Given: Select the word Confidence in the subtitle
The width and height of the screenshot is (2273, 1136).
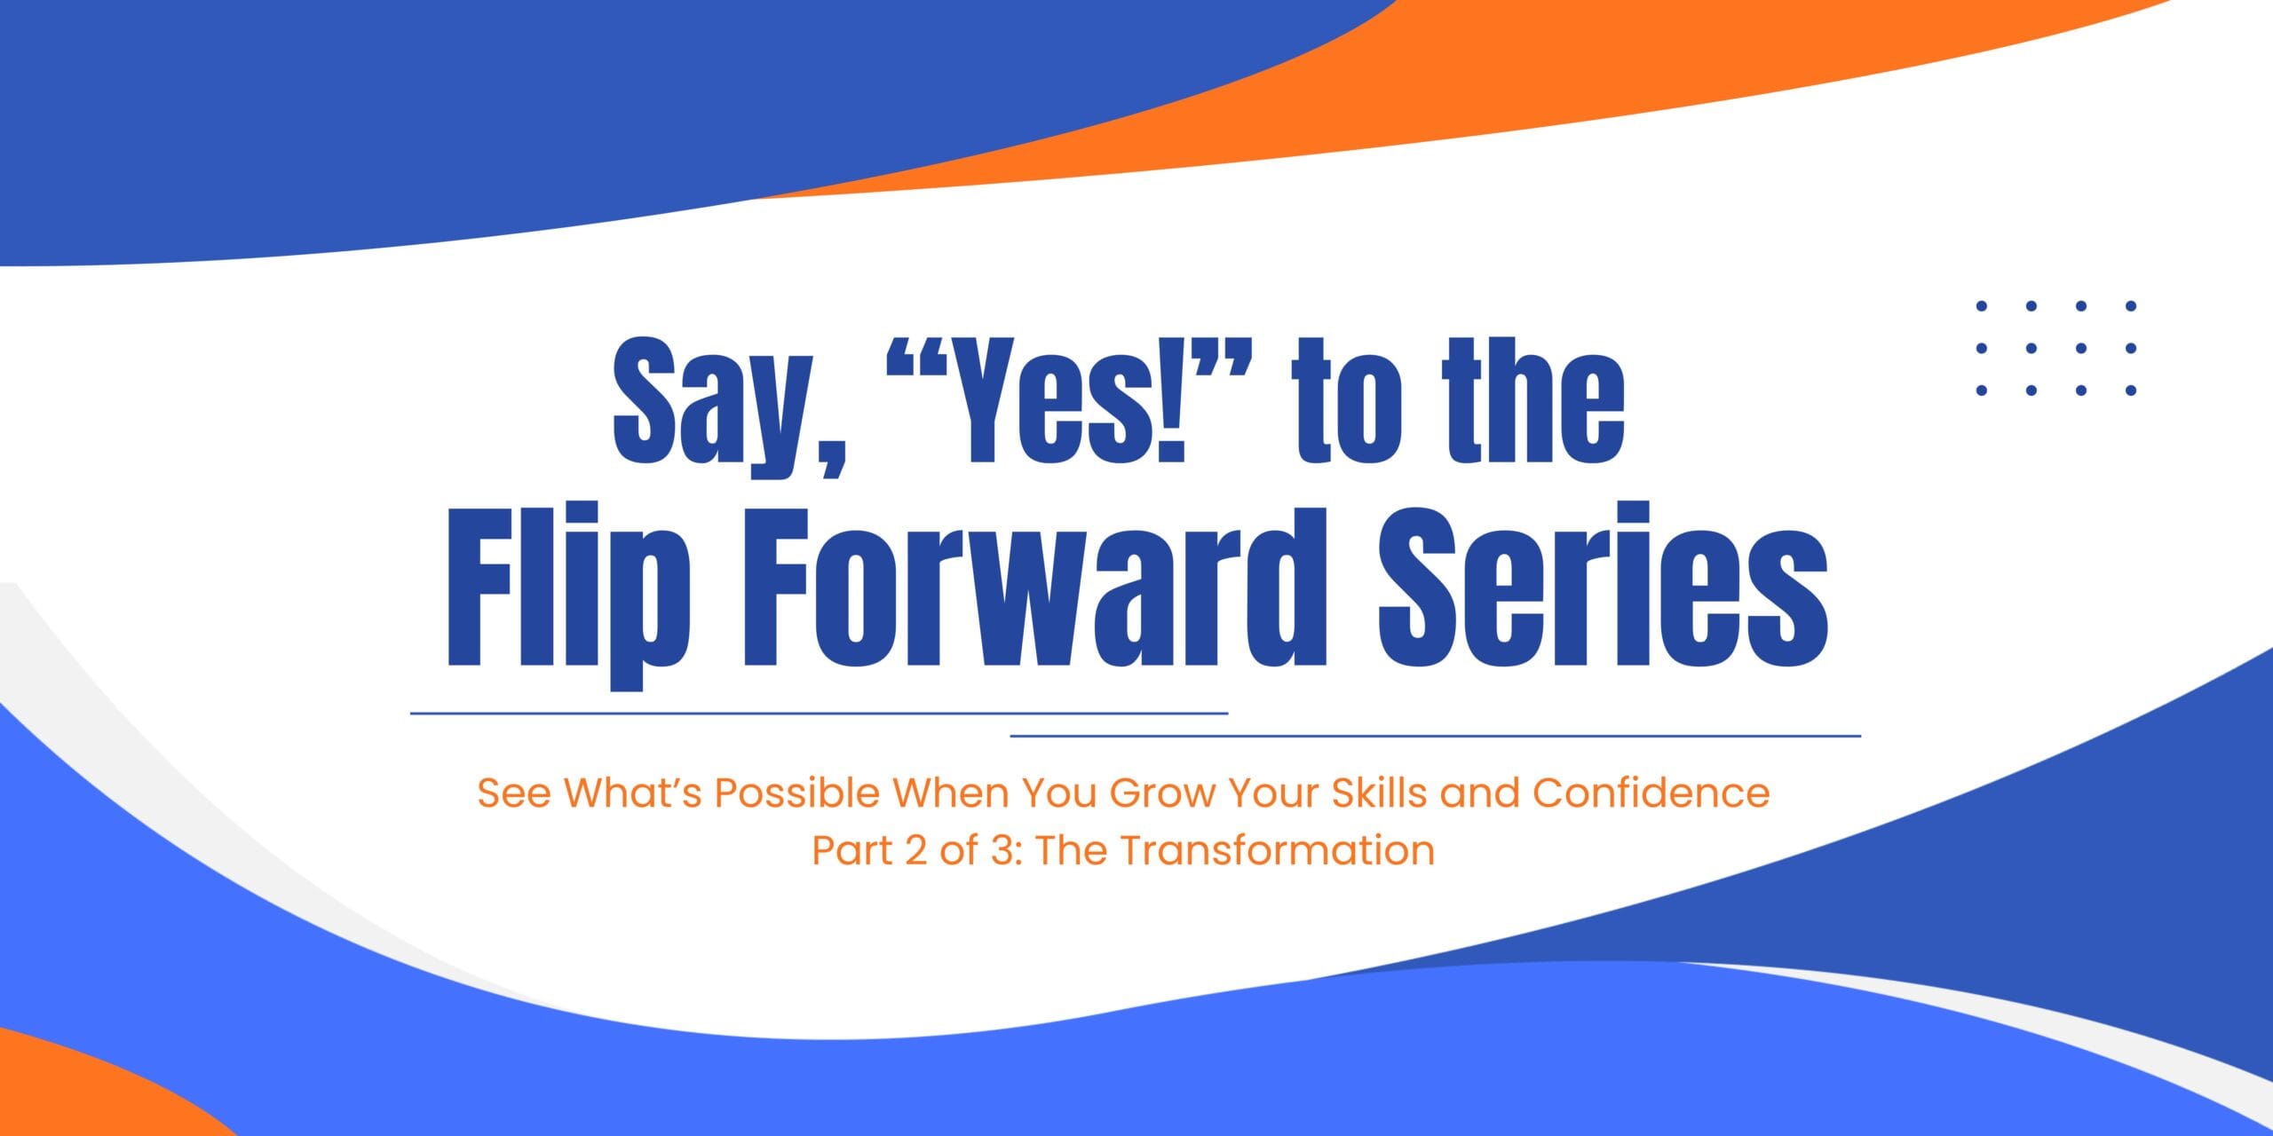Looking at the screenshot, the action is pyautogui.click(x=1651, y=793).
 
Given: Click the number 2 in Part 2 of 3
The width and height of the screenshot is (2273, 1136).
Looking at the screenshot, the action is pyautogui.click(x=915, y=851).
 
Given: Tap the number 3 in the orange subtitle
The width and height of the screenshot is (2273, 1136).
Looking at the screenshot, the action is pyautogui.click(x=1002, y=851).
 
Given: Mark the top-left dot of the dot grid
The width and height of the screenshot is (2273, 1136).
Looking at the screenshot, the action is pyautogui.click(x=1981, y=306).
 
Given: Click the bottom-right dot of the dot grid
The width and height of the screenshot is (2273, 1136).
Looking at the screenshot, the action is pyautogui.click(x=2130, y=390).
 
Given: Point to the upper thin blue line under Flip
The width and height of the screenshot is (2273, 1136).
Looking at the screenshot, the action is pyautogui.click(x=819, y=713).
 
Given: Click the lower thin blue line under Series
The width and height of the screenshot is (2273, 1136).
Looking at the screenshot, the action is pyautogui.click(x=1435, y=736).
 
